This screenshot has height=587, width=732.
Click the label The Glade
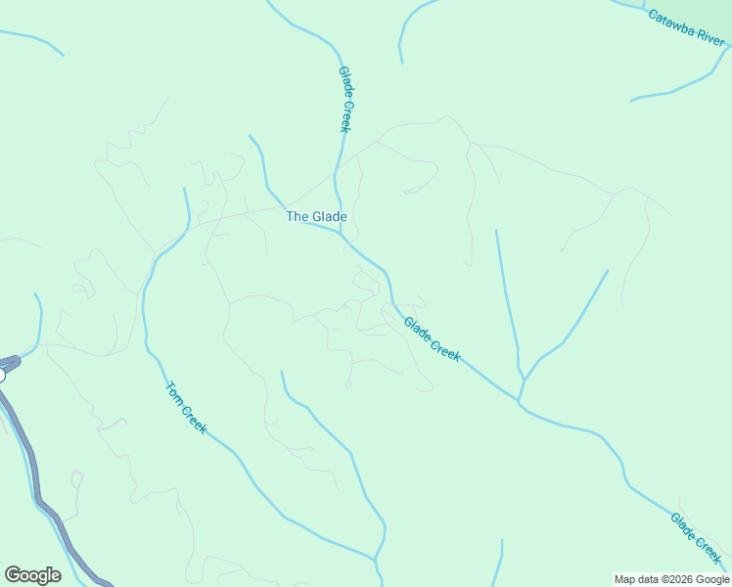pyautogui.click(x=316, y=216)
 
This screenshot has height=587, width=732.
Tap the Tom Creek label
pyautogui.click(x=186, y=407)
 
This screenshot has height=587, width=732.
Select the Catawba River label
pyautogui.click(x=685, y=27)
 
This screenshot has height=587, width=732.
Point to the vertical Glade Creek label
pyautogui.click(x=344, y=99)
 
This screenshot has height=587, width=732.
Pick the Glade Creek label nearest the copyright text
pyautogui.click(x=696, y=538)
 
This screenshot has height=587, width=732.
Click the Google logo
pyautogui.click(x=32, y=575)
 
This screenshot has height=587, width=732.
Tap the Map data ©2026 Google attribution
pyautogui.click(x=671, y=579)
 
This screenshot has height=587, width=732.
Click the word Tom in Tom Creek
pyautogui.click(x=174, y=391)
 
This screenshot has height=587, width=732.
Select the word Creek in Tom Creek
pyautogui.click(x=194, y=417)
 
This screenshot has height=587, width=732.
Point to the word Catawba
pyautogui.click(x=671, y=21)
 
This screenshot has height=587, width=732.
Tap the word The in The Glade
pyautogui.click(x=297, y=216)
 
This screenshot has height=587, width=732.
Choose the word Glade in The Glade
pyautogui.click(x=329, y=216)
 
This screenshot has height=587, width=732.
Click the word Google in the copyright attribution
pyautogui.click(x=709, y=579)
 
